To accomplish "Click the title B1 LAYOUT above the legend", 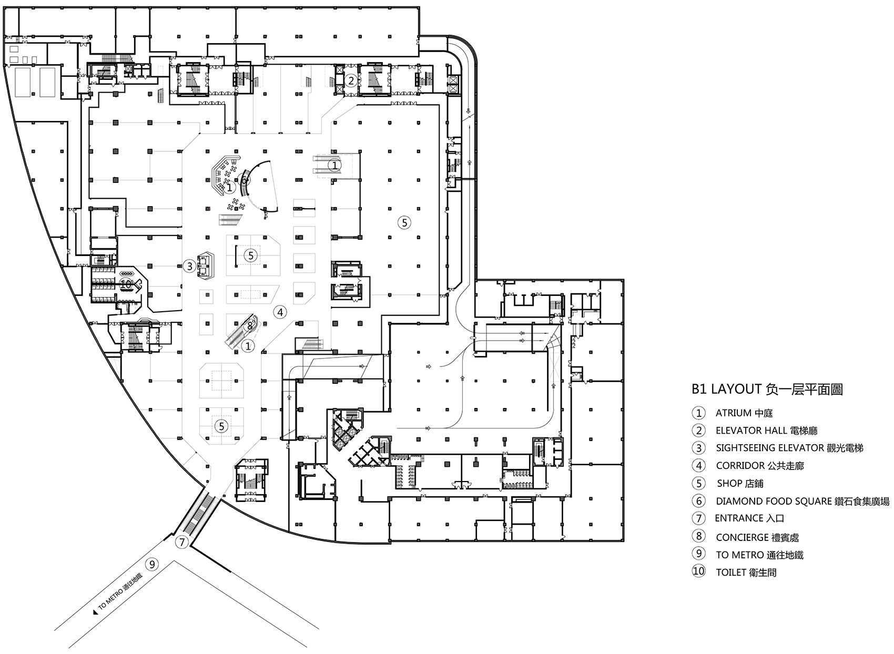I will (x=726, y=390).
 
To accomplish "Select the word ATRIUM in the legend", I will (x=734, y=413).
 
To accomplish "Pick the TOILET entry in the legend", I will (x=730, y=573).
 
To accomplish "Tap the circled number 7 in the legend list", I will (x=698, y=518).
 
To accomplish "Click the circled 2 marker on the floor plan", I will (x=351, y=80).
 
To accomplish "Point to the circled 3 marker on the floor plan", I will (x=190, y=266).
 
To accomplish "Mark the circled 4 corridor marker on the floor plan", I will (x=280, y=312).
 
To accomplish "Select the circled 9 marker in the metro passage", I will (x=152, y=565).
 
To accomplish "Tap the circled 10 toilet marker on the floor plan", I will (x=126, y=283).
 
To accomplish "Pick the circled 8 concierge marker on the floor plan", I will (x=250, y=325).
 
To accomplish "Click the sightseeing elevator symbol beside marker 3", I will (x=205, y=265).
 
